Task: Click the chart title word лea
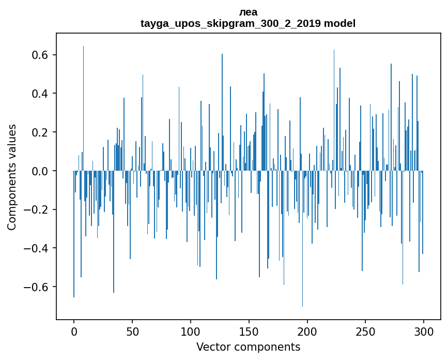[248, 12]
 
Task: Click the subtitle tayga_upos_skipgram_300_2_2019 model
[248, 23]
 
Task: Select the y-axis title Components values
[12, 177]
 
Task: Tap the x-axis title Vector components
[248, 347]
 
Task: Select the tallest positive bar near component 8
[83, 103]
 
